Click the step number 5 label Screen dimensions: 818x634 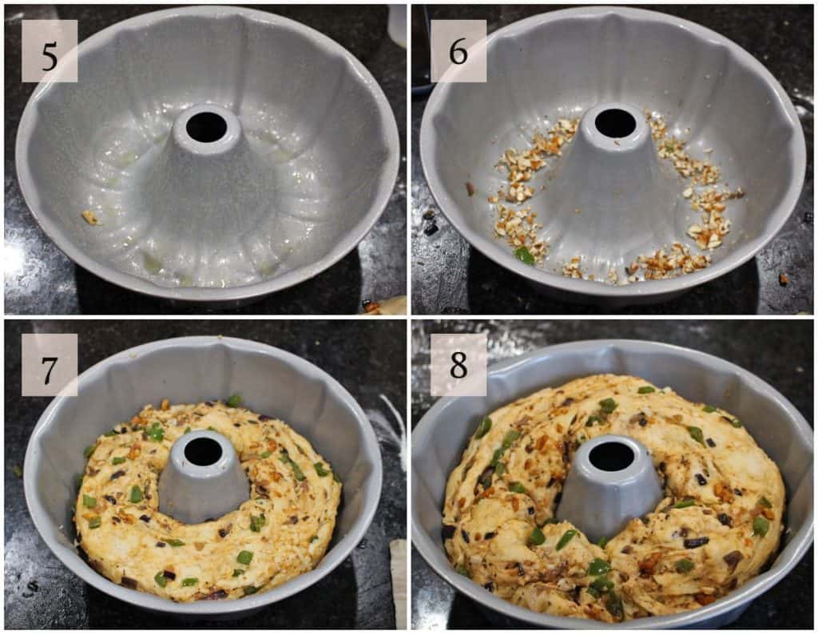(x=50, y=51)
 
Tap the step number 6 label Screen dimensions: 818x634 (x=459, y=51)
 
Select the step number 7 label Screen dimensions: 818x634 (x=50, y=365)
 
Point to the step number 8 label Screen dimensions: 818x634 (x=459, y=365)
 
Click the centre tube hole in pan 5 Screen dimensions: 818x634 (x=207, y=127)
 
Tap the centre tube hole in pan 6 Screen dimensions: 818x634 (x=616, y=124)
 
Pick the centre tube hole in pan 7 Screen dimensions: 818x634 (x=204, y=451)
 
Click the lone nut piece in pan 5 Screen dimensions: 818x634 (x=89, y=217)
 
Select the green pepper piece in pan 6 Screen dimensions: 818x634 (x=524, y=256)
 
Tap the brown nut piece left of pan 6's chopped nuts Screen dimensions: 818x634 (x=470, y=189)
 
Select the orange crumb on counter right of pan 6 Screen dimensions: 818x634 (x=783, y=279)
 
